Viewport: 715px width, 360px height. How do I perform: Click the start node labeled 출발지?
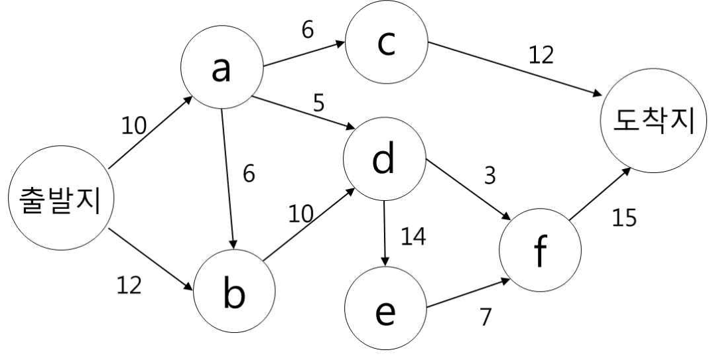coord(61,198)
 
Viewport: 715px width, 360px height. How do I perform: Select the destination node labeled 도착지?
coord(653,121)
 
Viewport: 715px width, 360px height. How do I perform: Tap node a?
coord(222,67)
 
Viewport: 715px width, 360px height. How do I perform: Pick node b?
coord(234,291)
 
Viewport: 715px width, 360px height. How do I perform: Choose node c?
coord(386,42)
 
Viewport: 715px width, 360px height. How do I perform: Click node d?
coord(385,158)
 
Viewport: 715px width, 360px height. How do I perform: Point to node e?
coord(385,308)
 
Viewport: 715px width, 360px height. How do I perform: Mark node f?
coord(541,250)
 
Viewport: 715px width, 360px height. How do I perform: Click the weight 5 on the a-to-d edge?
coord(319,103)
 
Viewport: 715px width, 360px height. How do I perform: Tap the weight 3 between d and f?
coord(489,176)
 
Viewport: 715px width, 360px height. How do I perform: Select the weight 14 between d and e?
coord(413,237)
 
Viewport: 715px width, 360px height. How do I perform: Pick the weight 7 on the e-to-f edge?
coord(486,317)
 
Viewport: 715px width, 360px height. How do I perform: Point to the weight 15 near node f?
coord(623,218)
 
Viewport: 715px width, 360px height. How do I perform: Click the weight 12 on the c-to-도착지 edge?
coord(541,55)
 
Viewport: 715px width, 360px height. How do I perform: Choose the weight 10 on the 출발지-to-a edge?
coord(134,126)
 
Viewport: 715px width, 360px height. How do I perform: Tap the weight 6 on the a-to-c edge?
coord(308,30)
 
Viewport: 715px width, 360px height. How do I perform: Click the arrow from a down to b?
coord(228,179)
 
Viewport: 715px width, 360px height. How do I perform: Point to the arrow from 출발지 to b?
coord(151,259)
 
